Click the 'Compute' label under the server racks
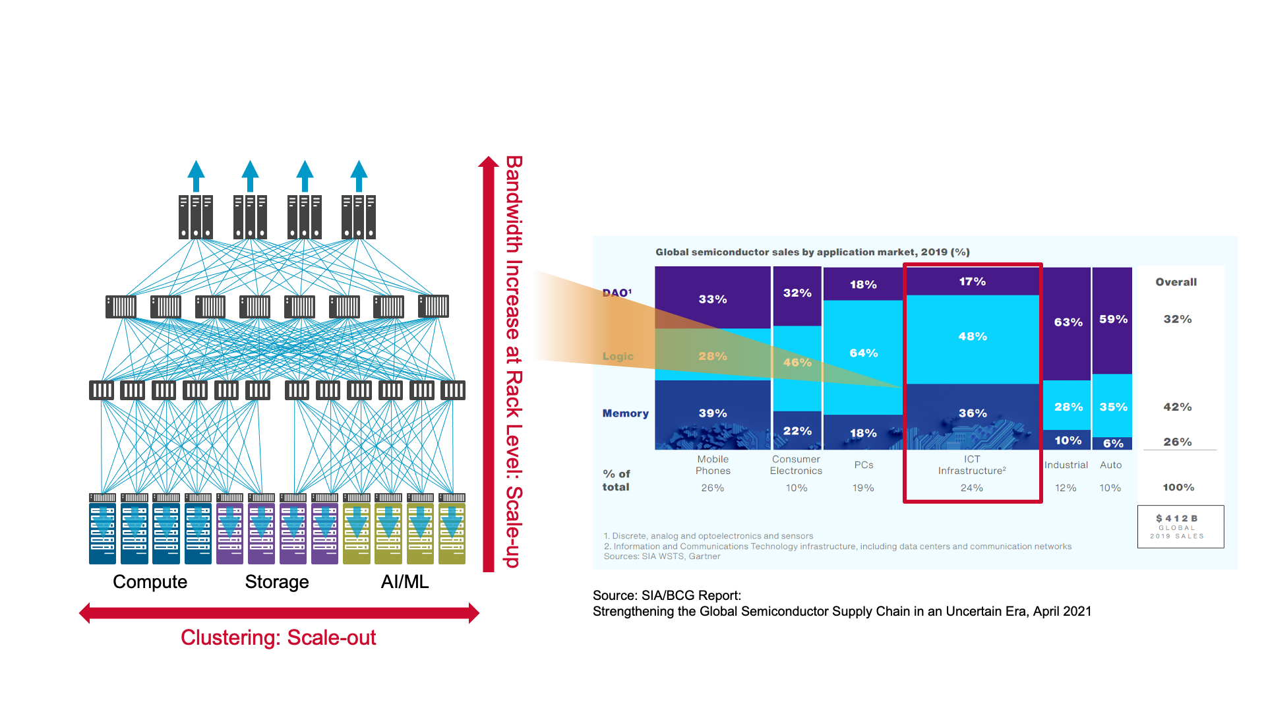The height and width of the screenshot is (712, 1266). [x=150, y=581]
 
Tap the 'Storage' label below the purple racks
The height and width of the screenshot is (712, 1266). [x=277, y=581]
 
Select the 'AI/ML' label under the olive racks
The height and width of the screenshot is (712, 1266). [x=405, y=581]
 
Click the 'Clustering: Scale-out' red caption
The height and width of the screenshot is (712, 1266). [x=278, y=638]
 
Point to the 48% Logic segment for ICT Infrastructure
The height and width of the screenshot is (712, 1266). [x=973, y=337]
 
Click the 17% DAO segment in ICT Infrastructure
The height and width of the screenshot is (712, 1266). [x=973, y=282]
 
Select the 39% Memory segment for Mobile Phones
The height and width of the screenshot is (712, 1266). [x=713, y=413]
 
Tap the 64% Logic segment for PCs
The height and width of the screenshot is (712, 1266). [x=863, y=353]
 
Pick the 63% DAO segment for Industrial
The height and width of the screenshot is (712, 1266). [x=1068, y=322]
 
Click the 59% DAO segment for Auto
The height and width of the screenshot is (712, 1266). [x=1113, y=319]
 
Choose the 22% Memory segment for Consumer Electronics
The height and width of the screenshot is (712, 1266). [x=797, y=430]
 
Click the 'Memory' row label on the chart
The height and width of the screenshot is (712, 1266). [x=625, y=413]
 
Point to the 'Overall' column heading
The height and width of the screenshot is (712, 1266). [x=1176, y=282]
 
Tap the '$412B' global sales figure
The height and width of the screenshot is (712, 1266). [x=1177, y=519]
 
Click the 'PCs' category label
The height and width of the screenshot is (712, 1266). [x=864, y=465]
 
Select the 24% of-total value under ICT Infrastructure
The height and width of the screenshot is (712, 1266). [x=972, y=488]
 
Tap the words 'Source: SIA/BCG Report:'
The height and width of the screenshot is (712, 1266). [x=667, y=595]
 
